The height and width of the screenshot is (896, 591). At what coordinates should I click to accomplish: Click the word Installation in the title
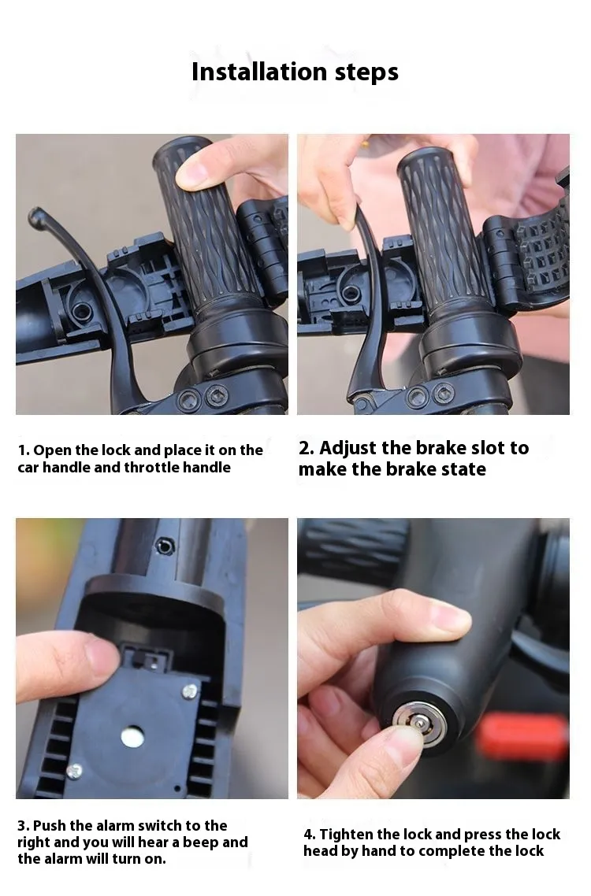(259, 72)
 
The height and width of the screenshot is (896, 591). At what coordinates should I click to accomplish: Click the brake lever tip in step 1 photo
(35, 215)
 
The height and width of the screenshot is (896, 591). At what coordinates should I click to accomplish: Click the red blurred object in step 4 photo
(522, 737)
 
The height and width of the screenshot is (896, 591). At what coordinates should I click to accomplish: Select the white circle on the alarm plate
(132, 737)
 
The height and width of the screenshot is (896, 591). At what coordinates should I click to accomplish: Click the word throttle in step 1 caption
(152, 468)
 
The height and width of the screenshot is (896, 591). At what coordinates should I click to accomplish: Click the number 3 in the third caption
(22, 826)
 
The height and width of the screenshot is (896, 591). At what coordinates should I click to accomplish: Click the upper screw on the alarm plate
(190, 691)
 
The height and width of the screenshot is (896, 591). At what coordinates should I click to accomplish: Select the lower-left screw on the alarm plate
(74, 771)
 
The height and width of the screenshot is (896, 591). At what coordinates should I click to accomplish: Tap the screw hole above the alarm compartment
(165, 547)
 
